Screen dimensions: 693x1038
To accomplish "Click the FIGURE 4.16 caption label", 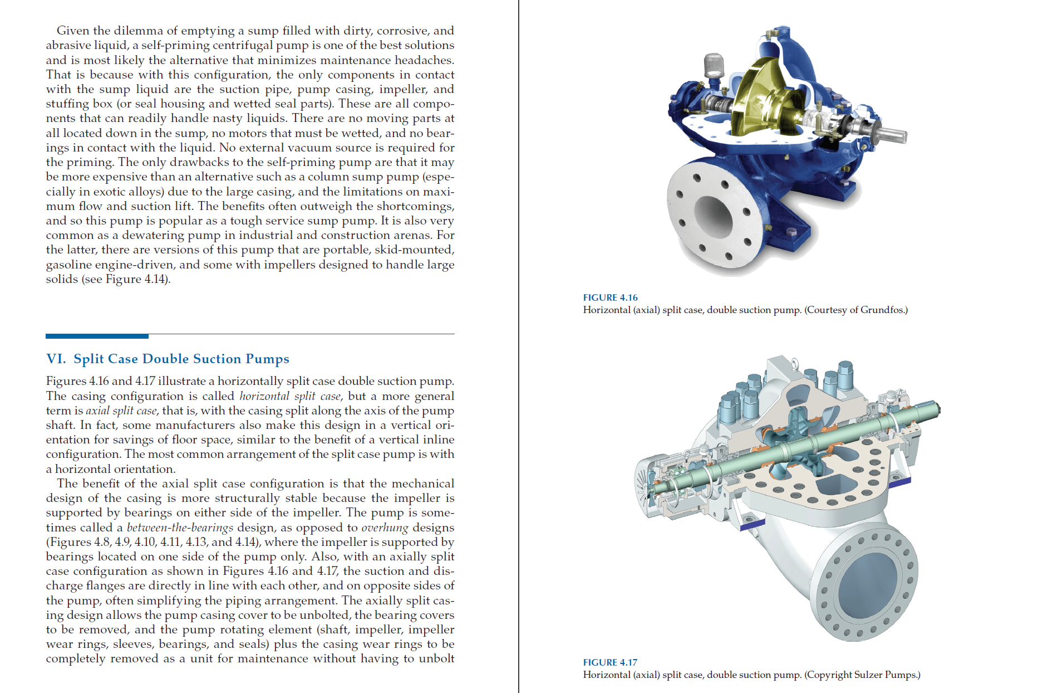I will click(x=610, y=297).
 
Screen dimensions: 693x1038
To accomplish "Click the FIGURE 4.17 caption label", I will click(x=610, y=662).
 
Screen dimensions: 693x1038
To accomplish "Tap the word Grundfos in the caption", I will click(x=882, y=310).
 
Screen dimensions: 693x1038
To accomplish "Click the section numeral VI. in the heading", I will click(x=56, y=359).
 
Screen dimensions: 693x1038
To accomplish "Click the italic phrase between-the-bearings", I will click(x=180, y=528).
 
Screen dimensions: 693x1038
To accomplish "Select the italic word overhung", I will click(x=385, y=528).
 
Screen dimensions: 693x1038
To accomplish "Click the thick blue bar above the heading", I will click(x=97, y=336).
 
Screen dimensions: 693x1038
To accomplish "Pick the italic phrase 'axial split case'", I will click(x=121, y=411).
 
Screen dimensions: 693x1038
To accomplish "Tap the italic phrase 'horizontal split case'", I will click(x=290, y=396).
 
